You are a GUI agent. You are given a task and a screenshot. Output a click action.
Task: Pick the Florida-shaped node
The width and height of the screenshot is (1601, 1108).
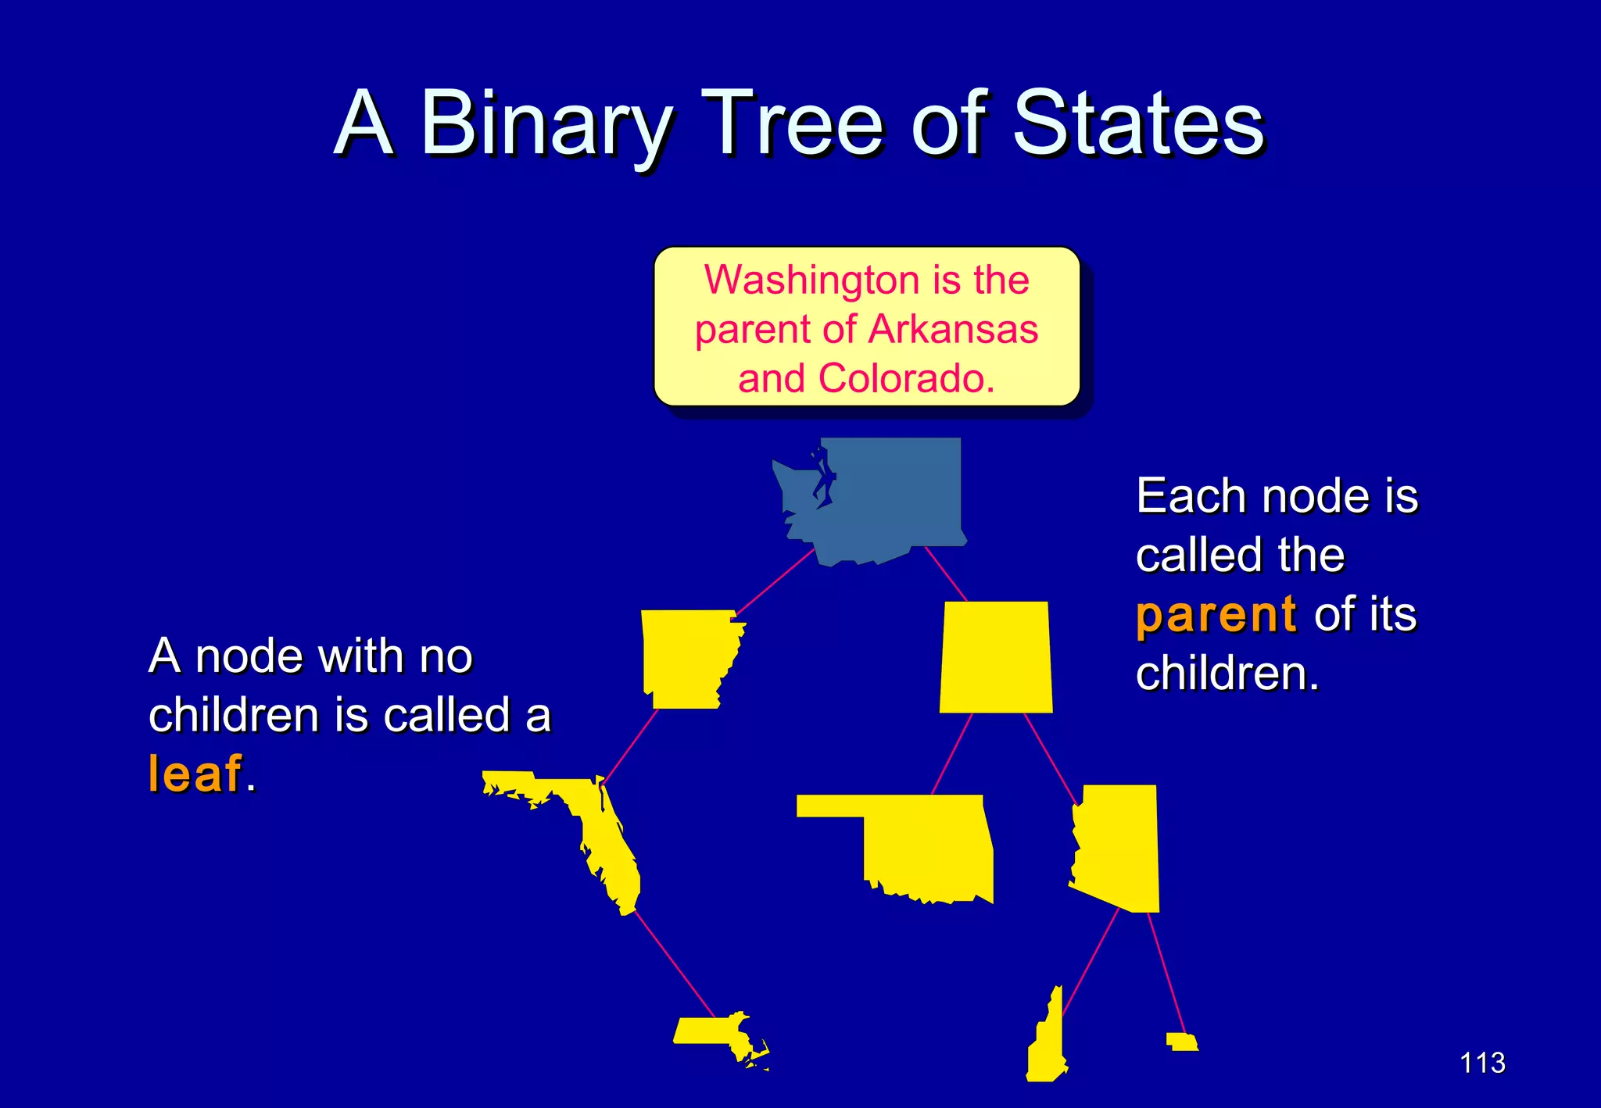tap(602, 836)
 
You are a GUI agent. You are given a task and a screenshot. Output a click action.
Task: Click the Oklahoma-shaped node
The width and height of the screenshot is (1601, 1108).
tap(922, 852)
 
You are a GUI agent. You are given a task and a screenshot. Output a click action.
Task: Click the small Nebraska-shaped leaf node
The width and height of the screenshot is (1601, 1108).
tap(1181, 1042)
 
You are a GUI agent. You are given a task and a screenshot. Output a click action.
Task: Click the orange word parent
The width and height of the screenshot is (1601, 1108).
tap(1216, 614)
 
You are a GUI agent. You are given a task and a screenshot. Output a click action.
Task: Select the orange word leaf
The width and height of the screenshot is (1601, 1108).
tap(195, 774)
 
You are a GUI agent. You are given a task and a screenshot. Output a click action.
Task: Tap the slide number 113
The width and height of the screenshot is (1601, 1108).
tap(1482, 1063)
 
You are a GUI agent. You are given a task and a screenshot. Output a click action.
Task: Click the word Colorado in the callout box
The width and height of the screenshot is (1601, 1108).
tap(905, 378)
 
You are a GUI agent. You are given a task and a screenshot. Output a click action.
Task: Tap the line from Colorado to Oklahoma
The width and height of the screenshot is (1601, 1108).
tap(951, 754)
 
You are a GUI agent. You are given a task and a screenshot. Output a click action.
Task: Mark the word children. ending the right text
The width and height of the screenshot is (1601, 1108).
tap(1227, 673)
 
